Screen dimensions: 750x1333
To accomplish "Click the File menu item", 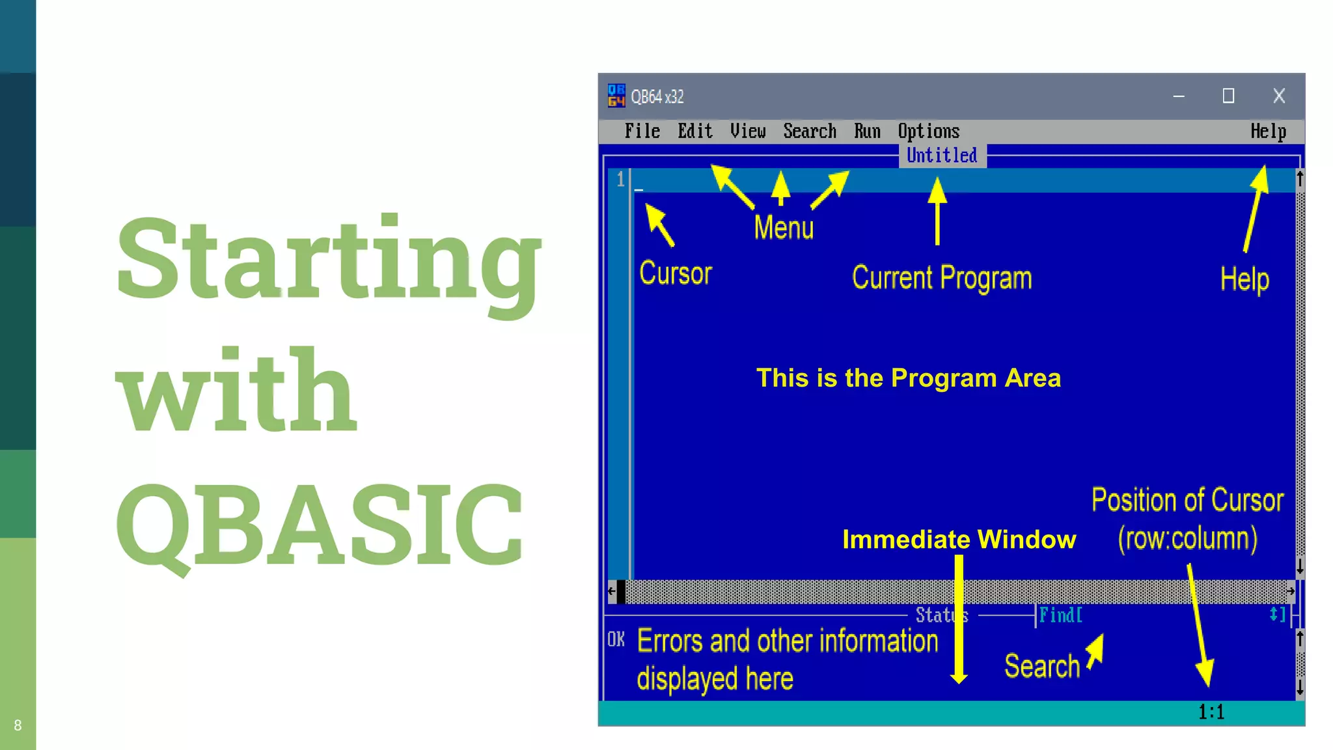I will point(642,132).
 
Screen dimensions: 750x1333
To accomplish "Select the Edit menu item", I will point(694,132).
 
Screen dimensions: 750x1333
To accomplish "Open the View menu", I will point(747,132).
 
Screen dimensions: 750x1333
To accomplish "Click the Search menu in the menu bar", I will point(809,132).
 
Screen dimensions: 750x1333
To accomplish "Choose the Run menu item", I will point(867,132).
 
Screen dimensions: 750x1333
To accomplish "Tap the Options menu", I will point(928,132).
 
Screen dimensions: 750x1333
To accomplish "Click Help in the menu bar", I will point(1267,132).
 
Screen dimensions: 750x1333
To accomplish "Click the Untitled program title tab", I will point(942,156).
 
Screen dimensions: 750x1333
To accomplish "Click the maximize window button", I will point(1228,96).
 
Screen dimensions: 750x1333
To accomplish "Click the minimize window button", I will point(1179,96).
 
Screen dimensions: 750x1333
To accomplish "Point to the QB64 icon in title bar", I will point(616,96).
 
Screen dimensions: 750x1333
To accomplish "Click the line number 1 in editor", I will point(620,179).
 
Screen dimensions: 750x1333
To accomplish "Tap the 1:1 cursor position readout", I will point(1211,712).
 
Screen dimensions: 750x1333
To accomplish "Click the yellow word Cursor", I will point(675,273).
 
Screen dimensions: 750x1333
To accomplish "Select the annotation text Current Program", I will point(941,278).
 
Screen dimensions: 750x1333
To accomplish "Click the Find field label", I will point(1060,615).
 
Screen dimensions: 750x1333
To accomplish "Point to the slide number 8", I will point(18,725).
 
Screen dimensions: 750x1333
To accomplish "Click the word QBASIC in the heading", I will point(319,525).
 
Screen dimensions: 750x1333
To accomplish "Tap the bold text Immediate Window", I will point(959,540).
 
